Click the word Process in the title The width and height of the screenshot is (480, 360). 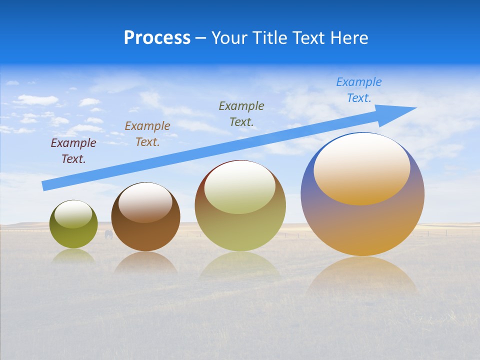pos(157,38)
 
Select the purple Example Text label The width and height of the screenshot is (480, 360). pos(73,151)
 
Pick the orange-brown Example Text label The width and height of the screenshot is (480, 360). pos(147,134)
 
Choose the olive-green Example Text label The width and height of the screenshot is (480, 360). pos(241,113)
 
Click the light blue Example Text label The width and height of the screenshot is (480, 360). pos(359,90)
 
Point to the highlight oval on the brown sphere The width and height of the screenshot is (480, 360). pos(145,202)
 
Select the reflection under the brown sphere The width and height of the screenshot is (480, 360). pos(145,263)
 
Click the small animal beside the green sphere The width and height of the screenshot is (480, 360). pos(108,234)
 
